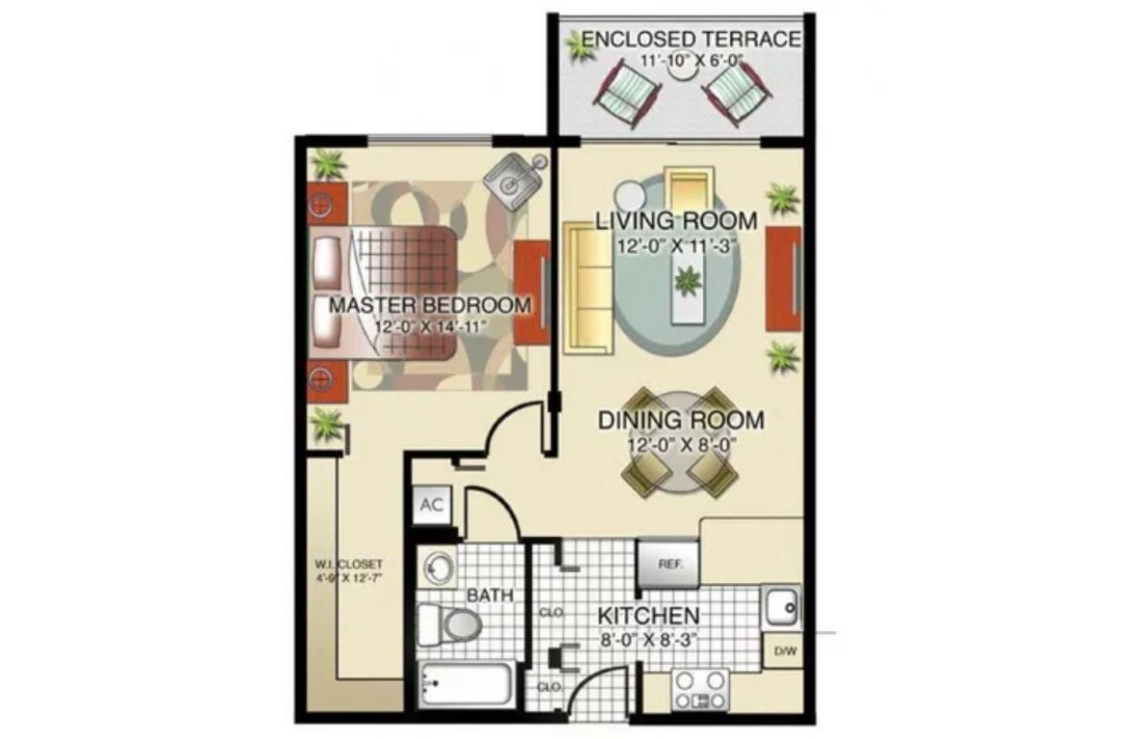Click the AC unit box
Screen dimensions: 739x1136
[x=432, y=506]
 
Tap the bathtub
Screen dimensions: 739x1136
[x=464, y=683]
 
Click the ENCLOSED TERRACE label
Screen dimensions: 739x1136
[x=691, y=39]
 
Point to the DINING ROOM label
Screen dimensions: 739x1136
[x=681, y=420]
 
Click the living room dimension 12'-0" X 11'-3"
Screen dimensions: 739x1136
[x=675, y=244]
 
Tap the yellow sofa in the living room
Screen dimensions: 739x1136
[x=589, y=288]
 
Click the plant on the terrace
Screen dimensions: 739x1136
[x=579, y=46]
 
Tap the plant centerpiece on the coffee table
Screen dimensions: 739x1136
[x=687, y=283]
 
